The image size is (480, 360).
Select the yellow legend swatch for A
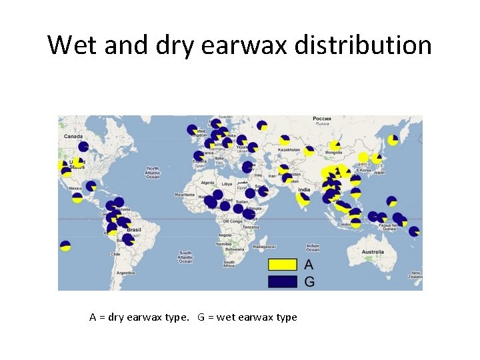point(282,265)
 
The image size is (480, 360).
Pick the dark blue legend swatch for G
point(282,281)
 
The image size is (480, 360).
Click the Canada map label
point(73,136)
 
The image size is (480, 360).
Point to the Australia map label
point(372,252)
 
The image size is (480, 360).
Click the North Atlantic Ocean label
point(153,173)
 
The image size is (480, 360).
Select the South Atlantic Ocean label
point(185,256)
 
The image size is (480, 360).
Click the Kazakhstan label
point(289,150)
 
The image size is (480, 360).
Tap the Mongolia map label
point(333,152)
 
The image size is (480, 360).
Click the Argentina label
point(125,273)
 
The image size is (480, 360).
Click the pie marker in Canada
point(83,147)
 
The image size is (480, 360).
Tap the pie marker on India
point(304,198)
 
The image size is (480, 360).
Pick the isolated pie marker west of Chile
point(65,246)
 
